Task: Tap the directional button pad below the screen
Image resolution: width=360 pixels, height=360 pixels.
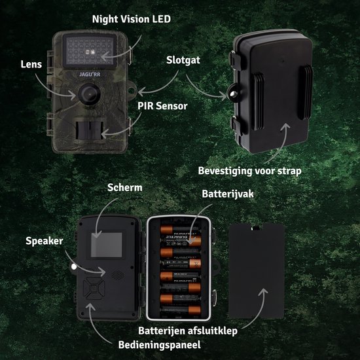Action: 96,293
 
